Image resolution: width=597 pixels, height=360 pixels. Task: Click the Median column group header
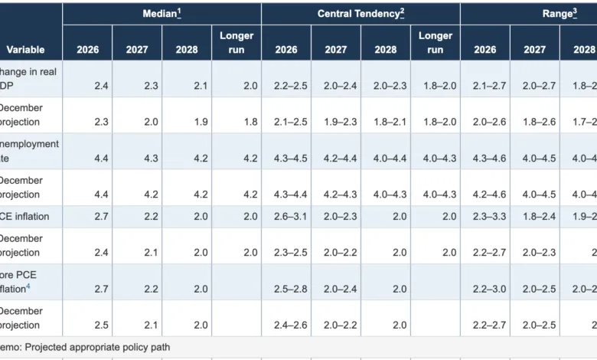click(161, 14)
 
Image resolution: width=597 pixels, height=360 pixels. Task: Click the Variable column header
click(25, 50)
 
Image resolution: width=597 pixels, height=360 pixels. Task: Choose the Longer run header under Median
click(237, 43)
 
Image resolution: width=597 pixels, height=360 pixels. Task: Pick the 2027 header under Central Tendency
click(335, 50)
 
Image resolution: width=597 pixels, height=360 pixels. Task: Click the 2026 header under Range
click(484, 50)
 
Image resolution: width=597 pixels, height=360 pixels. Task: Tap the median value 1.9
click(187, 122)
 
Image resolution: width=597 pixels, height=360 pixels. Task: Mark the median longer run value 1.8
click(237, 122)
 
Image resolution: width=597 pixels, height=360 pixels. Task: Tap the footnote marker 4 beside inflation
click(28, 286)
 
